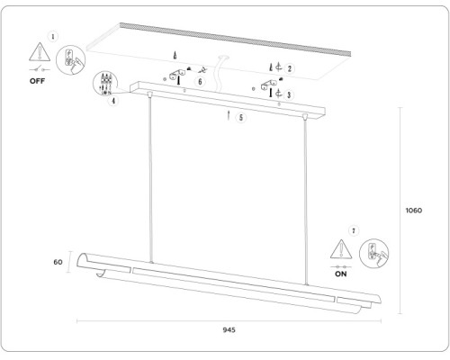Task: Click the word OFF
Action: coord(37,81)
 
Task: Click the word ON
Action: coord(340,274)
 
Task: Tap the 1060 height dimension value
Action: coord(414,211)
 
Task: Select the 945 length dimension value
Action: coord(229,330)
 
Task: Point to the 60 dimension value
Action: coord(58,262)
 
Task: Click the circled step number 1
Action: coord(53,37)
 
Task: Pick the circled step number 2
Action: coord(290,68)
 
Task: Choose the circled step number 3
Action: coord(289,94)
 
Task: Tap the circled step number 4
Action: coord(113,101)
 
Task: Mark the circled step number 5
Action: coord(241,117)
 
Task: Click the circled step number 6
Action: coord(200,81)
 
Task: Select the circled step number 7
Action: coord(354,230)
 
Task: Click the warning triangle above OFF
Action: coord(40,51)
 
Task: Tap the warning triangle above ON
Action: coord(341,248)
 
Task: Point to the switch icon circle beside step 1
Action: coord(71,60)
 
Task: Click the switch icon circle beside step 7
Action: coord(373,254)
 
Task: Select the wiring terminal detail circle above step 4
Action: coord(105,84)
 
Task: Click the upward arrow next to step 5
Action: coord(229,115)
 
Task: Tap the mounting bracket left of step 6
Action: coord(177,75)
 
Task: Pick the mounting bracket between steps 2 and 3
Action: coord(269,85)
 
